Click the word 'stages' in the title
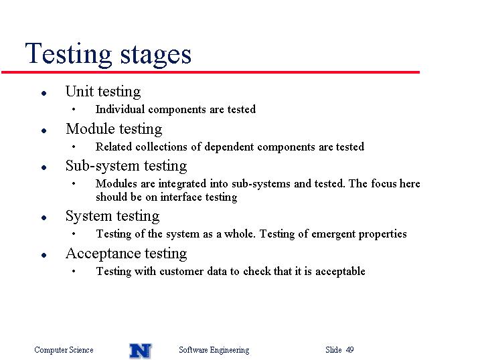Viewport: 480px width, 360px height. tap(156, 56)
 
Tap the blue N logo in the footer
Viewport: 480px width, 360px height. tap(140, 351)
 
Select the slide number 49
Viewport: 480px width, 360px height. tap(350, 349)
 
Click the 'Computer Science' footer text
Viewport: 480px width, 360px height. tap(64, 349)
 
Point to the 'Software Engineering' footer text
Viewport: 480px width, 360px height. tap(214, 350)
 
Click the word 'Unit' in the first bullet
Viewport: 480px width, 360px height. tap(80, 91)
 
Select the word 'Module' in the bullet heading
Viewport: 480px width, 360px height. tap(90, 128)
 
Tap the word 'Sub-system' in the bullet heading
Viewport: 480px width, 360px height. tap(102, 166)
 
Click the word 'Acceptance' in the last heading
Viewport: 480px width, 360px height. tap(103, 254)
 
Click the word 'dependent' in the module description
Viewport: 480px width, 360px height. tap(229, 147)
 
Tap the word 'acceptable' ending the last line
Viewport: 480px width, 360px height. tap(340, 271)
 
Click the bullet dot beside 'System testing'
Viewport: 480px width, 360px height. tap(44, 217)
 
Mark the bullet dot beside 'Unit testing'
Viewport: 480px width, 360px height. tap(44, 93)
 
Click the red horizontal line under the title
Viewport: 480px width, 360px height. tap(211, 72)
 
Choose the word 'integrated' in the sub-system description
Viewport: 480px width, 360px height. tap(182, 184)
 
